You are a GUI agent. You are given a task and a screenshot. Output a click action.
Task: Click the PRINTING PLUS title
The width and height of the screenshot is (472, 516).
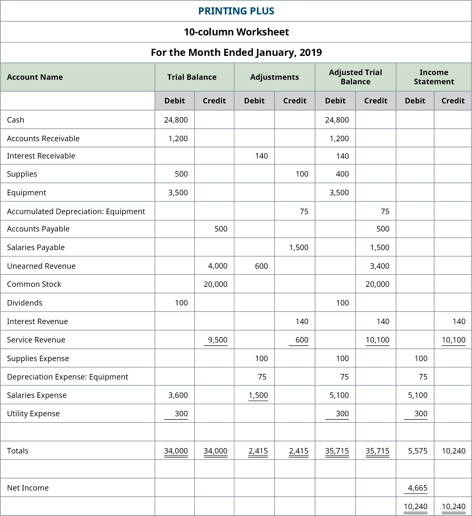236,11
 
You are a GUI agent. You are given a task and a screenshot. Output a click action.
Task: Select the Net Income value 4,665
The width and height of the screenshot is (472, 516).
417,488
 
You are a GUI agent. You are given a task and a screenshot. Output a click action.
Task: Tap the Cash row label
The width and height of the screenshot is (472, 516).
15,120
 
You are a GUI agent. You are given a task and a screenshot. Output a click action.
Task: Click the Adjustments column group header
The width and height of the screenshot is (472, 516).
274,77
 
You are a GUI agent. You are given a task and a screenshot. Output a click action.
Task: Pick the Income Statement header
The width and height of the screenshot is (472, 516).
434,77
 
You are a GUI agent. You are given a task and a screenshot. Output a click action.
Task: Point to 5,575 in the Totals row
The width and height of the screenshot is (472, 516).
417,451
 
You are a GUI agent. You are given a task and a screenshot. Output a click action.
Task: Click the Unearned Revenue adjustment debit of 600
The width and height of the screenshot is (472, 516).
261,266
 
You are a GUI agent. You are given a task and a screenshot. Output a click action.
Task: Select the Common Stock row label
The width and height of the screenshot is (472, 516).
34,284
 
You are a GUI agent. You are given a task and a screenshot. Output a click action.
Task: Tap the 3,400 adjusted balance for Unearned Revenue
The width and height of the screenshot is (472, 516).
379,266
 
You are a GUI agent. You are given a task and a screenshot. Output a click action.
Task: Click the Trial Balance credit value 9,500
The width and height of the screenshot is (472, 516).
218,340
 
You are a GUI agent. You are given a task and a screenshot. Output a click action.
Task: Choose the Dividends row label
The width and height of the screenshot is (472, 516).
25,303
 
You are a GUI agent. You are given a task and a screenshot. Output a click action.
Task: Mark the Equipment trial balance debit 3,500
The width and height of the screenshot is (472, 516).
178,192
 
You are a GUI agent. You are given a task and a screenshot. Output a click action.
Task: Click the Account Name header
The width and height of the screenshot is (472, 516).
35,77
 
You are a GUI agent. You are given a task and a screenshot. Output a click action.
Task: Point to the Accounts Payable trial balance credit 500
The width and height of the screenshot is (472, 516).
221,229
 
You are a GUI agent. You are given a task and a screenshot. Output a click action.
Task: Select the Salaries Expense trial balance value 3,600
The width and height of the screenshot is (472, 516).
178,395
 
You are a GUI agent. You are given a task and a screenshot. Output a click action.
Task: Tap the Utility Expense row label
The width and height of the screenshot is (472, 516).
33,413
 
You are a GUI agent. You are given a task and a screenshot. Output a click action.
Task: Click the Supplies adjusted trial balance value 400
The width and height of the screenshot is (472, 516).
342,174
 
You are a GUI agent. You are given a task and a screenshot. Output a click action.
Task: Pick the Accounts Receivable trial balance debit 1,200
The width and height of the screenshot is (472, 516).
178,138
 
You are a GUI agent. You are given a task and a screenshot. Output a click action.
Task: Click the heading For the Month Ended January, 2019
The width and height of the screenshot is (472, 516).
236,52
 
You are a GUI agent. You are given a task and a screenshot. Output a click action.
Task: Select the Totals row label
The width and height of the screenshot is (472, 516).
18,451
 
